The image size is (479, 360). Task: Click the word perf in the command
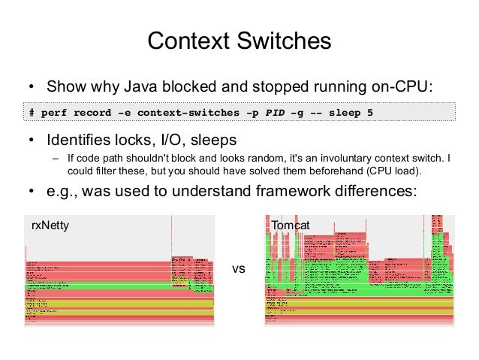55,113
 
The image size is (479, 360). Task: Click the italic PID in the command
273,113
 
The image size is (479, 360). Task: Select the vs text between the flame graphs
239,266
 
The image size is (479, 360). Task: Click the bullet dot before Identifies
32,141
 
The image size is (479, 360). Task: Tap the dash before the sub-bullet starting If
55,159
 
